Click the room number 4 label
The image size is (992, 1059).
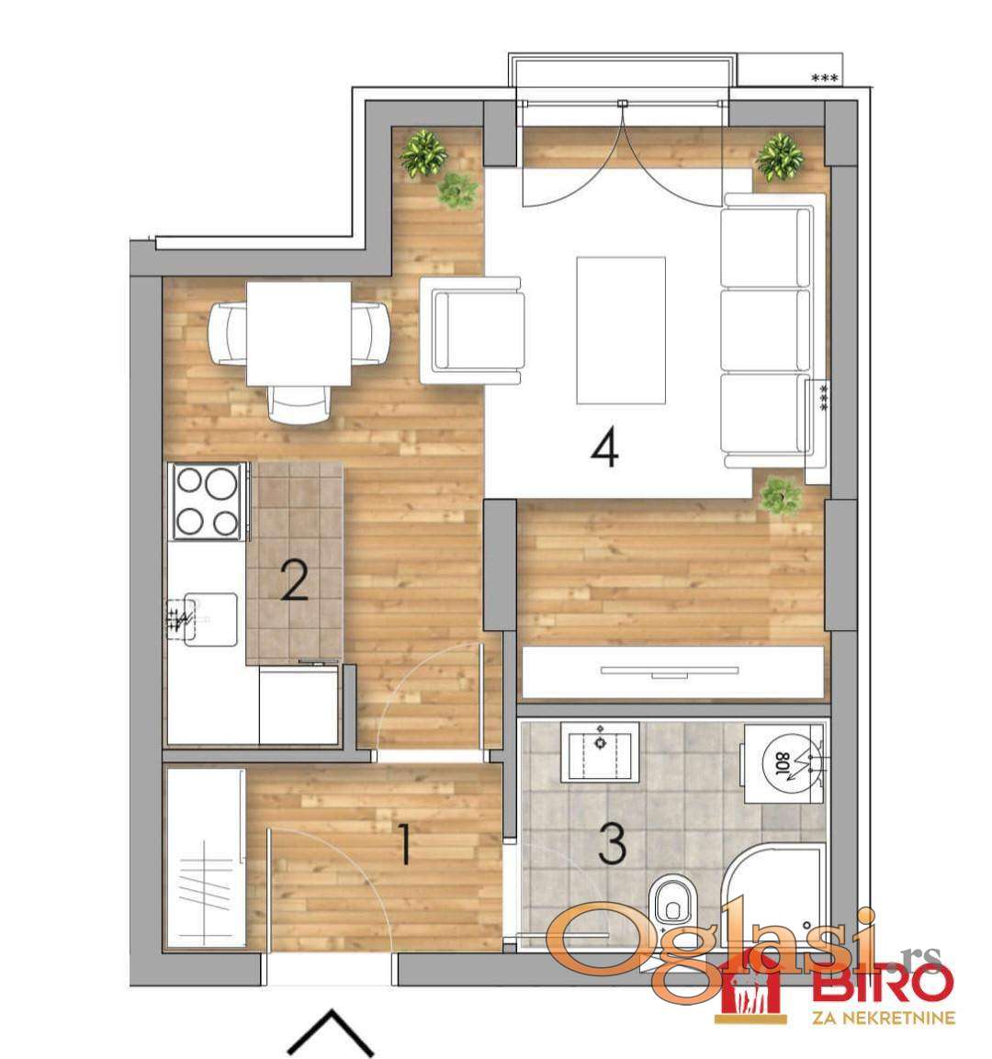(604, 450)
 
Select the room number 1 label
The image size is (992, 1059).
(404, 845)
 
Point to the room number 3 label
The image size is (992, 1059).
(612, 844)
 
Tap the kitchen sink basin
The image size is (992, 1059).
(210, 619)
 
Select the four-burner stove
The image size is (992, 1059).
(208, 501)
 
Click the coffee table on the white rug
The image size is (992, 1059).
(621, 331)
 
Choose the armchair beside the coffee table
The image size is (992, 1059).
(472, 331)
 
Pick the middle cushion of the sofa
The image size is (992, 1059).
(765, 331)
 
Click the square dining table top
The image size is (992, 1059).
(299, 333)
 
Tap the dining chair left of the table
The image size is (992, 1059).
(229, 333)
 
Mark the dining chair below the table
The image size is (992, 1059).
(299, 403)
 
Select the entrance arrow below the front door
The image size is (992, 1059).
(331, 1032)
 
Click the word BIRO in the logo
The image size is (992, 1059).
(885, 982)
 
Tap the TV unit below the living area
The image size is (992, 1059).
(673, 672)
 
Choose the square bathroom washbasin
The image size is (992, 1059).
(600, 751)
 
